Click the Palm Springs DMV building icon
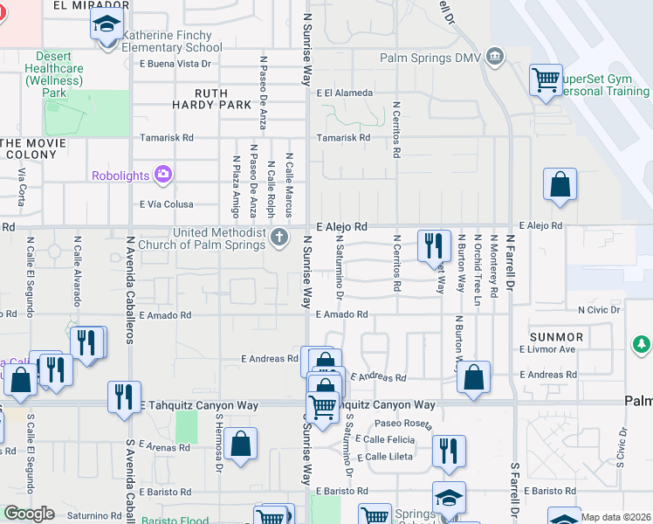point(495,59)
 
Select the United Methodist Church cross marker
point(278,238)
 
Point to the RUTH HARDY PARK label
point(199,100)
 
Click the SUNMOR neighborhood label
point(556,337)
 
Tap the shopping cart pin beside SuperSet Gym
point(546,81)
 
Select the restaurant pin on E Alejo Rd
point(434,245)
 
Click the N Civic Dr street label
point(599,309)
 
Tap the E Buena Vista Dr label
point(175,64)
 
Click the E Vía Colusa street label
point(166,204)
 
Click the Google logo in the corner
point(29,514)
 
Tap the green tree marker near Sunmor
point(642,344)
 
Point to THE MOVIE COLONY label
point(31,148)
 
